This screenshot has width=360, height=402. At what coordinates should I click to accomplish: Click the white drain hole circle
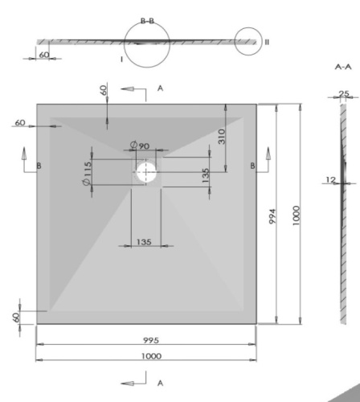(x=145, y=170)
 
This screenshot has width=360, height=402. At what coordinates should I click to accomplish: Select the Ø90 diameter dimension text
(x=140, y=146)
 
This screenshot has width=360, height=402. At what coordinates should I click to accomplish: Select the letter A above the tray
(x=160, y=88)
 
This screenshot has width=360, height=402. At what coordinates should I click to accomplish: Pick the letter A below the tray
(x=160, y=383)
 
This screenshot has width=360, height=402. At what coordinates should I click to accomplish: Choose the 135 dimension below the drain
(x=145, y=240)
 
